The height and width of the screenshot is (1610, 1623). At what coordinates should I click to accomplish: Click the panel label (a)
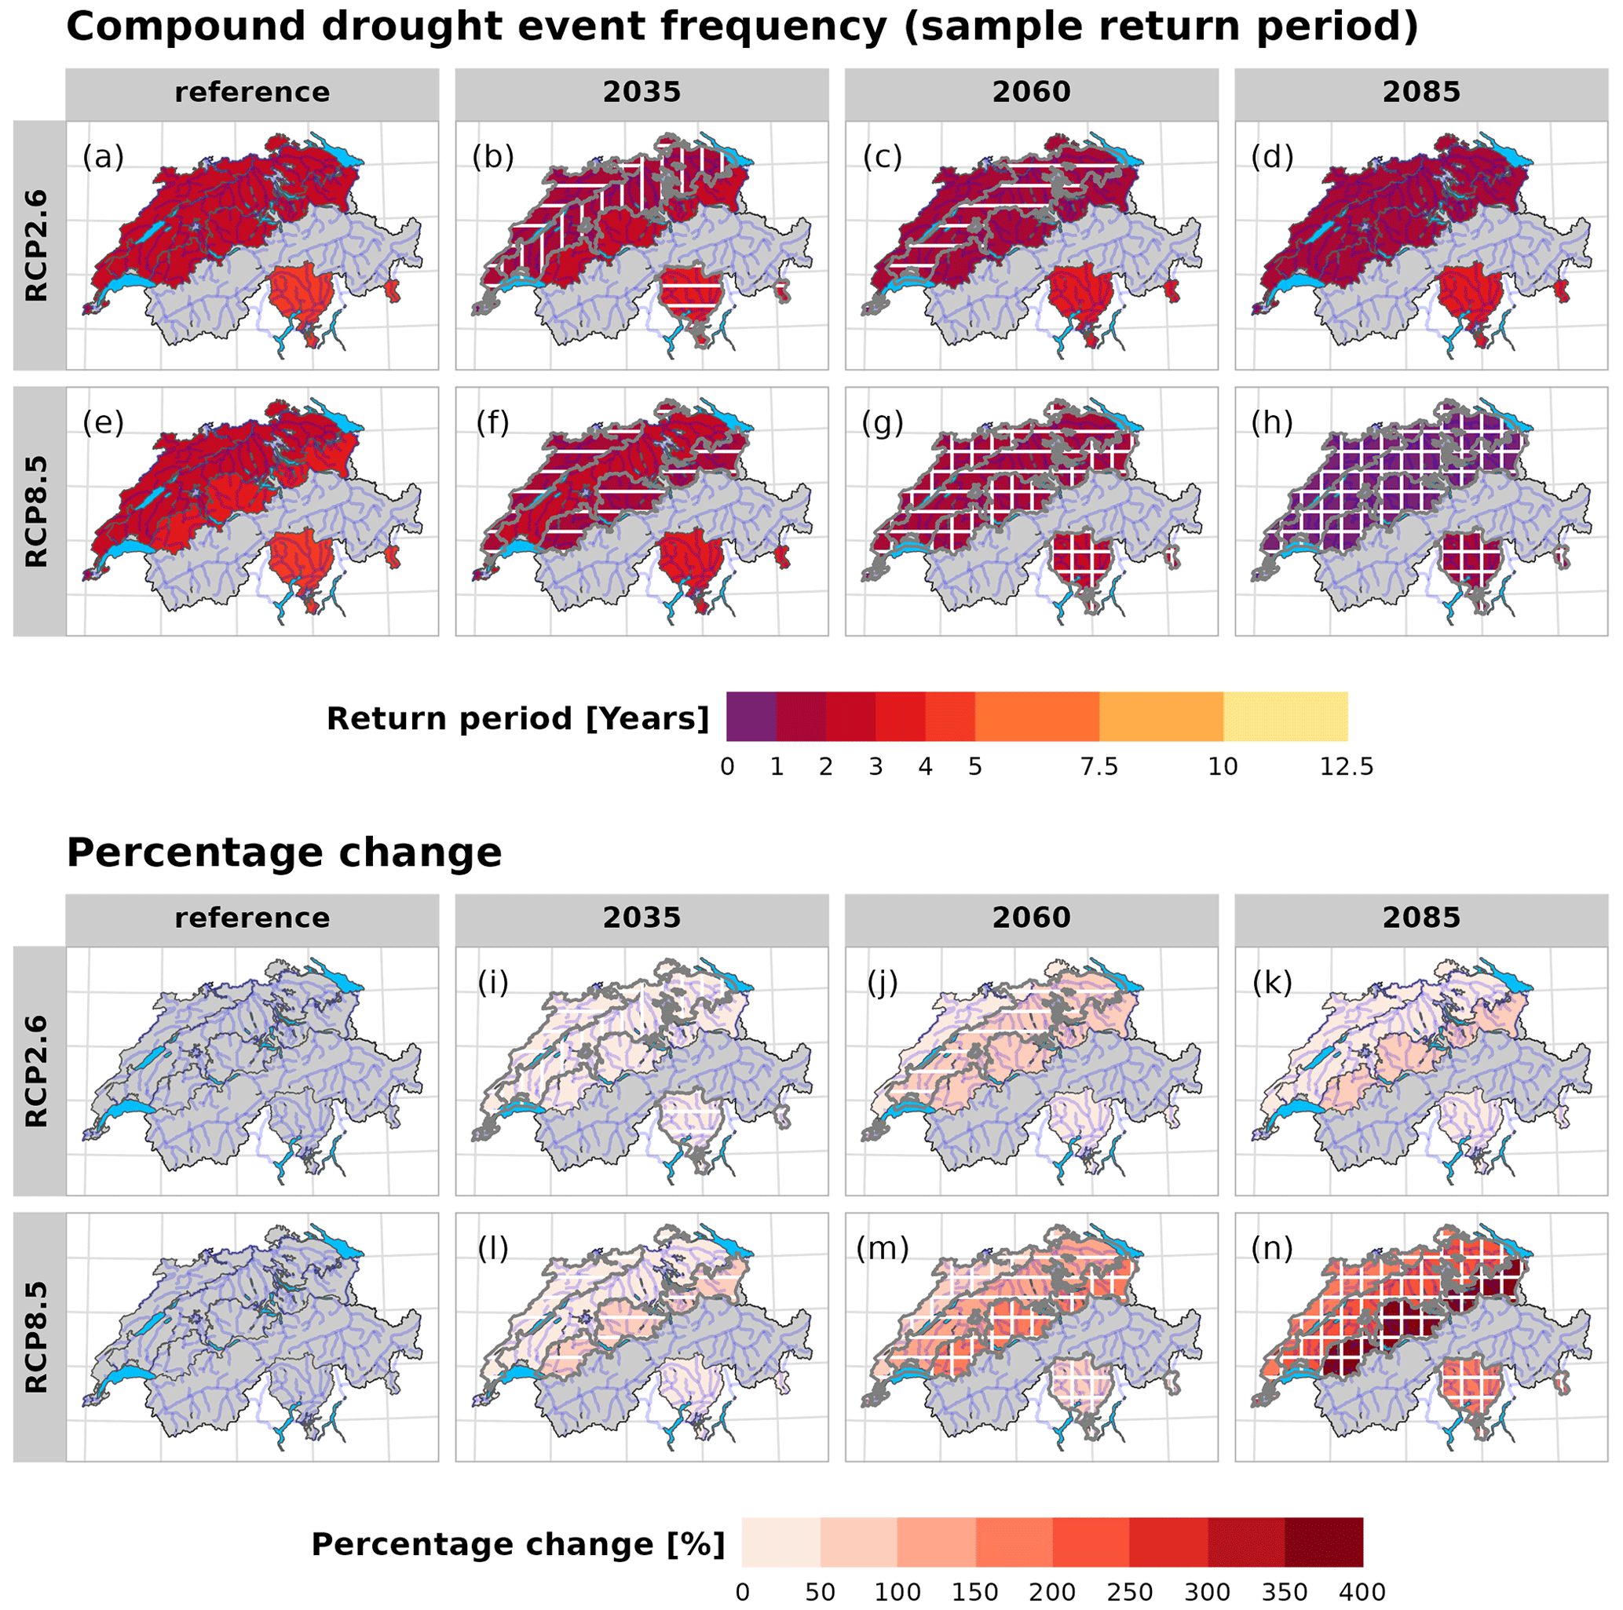coord(103,157)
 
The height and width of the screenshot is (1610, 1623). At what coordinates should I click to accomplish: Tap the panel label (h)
coord(1272,424)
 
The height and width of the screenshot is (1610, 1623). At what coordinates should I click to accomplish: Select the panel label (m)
coord(882,1249)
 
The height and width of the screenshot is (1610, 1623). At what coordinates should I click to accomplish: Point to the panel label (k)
coord(1272,982)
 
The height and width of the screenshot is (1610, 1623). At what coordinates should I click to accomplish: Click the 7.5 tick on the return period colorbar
coord(1098,767)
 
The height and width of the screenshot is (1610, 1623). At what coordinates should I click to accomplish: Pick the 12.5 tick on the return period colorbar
coord(1347,767)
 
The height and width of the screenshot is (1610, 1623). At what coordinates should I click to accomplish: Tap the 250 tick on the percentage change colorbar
coord(1129,1591)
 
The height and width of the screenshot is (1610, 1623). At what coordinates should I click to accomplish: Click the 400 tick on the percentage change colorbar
coord(1362,1591)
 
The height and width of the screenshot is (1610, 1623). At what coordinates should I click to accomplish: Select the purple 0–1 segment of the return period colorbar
coord(751,717)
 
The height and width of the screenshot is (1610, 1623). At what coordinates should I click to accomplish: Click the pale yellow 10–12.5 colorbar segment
coord(1285,717)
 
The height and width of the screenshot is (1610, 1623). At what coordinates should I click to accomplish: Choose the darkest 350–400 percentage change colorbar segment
coord(1323,1542)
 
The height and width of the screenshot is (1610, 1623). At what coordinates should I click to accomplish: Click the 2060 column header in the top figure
coord(1031,92)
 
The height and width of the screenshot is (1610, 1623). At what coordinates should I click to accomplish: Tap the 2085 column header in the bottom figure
coord(1420,917)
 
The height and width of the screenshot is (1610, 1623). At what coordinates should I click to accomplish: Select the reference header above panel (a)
coord(252,92)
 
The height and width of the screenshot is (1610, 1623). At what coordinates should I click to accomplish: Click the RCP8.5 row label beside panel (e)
coord(37,512)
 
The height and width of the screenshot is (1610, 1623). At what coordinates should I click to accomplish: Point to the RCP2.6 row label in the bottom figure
coord(37,1071)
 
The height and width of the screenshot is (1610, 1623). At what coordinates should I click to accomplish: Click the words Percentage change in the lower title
coord(284,852)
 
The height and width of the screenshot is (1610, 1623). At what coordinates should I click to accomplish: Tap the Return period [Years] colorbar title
coord(517,719)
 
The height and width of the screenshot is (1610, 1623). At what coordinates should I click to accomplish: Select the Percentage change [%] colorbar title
coord(517,1543)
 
